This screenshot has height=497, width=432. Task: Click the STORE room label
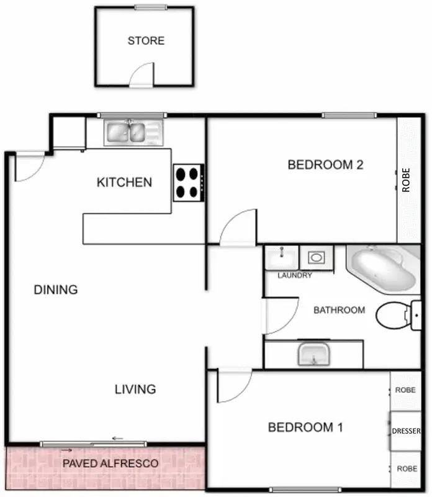146,41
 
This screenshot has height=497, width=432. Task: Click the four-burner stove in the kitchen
188,183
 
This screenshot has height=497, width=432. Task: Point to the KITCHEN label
124,182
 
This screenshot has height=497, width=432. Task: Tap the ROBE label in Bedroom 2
406,180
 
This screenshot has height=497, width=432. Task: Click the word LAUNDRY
295,275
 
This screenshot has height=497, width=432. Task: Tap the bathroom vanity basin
314,355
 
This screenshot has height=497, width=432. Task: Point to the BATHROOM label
339,310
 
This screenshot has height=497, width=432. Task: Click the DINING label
56,290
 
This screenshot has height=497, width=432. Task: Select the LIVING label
135,390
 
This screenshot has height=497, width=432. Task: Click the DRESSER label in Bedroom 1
407,431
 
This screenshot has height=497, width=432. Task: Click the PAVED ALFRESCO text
110,463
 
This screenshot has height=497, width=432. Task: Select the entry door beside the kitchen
28,166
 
